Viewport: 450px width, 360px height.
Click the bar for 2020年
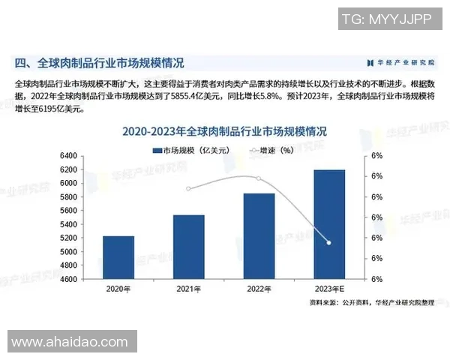pos(118,257)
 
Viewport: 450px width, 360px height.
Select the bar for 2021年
pos(188,247)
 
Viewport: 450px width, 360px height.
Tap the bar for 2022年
pos(259,236)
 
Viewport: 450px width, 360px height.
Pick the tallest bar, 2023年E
pos(328,224)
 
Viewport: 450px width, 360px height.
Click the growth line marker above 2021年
pos(188,188)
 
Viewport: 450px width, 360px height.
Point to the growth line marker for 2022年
pos(259,178)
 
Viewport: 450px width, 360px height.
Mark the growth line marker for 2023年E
pos(328,243)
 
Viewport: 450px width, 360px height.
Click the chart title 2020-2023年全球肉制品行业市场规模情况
pos(225,131)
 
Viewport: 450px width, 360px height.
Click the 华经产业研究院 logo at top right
pos(400,62)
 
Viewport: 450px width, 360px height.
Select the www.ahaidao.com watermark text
pos(70,342)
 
